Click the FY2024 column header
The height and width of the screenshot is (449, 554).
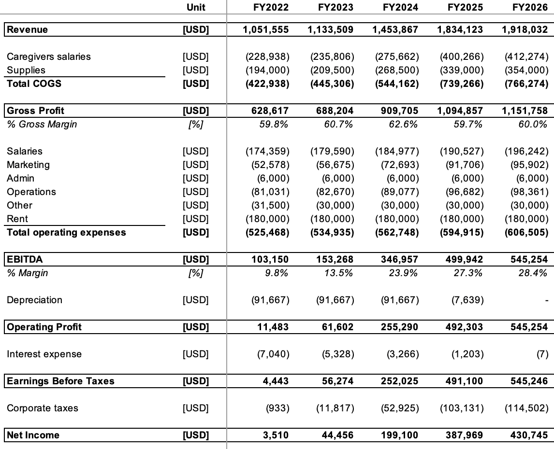(400, 7)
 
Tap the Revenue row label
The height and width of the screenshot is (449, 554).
(28, 29)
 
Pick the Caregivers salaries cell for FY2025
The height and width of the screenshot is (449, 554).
(461, 56)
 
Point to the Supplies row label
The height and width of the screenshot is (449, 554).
(26, 70)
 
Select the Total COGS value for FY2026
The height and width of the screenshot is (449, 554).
(525, 84)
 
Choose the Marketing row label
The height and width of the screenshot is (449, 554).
(28, 165)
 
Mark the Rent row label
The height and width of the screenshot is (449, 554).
(17, 219)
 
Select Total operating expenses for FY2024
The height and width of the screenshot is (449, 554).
(396, 232)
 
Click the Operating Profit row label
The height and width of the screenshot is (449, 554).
(44, 327)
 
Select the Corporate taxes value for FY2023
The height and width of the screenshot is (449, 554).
(335, 408)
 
